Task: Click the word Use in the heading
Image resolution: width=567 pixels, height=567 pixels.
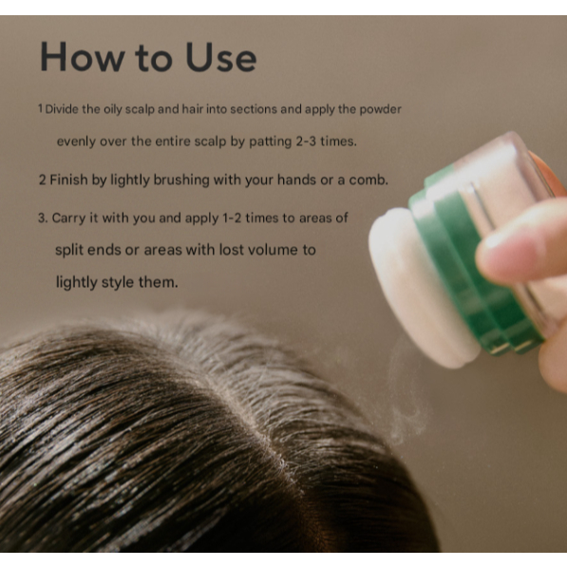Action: (x=221, y=57)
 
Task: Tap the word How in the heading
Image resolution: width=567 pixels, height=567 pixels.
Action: (x=82, y=57)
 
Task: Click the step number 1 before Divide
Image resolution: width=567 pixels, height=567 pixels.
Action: (x=41, y=108)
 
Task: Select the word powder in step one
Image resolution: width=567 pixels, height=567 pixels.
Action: (x=380, y=109)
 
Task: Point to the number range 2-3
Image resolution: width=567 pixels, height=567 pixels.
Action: (x=306, y=141)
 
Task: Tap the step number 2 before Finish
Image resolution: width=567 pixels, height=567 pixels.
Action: (x=43, y=180)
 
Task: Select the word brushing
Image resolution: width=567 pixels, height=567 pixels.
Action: (x=181, y=180)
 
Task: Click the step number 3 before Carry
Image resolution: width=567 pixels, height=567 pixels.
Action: (x=43, y=218)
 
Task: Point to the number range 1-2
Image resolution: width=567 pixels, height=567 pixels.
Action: (x=232, y=218)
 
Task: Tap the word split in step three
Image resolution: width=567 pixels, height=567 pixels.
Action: (x=69, y=250)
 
